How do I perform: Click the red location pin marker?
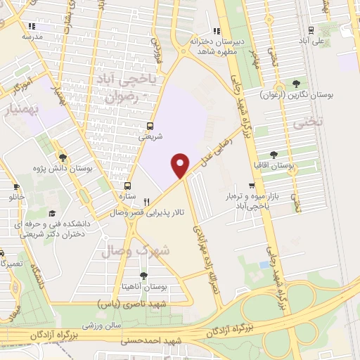(181, 165)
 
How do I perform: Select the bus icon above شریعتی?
(149, 127)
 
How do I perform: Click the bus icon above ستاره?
(127, 186)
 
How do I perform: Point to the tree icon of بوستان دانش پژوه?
(63, 157)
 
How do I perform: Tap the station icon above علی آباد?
(310, 30)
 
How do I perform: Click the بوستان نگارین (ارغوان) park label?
(302, 94)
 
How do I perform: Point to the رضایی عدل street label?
(219, 141)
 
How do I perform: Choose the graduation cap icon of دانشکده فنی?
(51, 213)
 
